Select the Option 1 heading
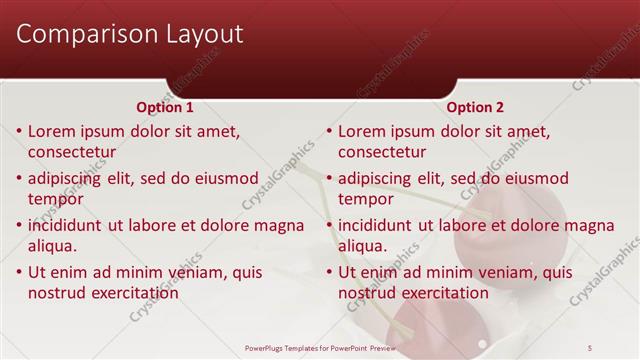click(164, 107)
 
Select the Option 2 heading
click(475, 107)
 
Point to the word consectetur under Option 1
click(72, 153)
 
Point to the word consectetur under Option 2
click(382, 153)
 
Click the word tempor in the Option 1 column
click(56, 199)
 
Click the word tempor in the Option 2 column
click(366, 199)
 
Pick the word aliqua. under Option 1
click(53, 246)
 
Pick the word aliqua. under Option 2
click(363, 246)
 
